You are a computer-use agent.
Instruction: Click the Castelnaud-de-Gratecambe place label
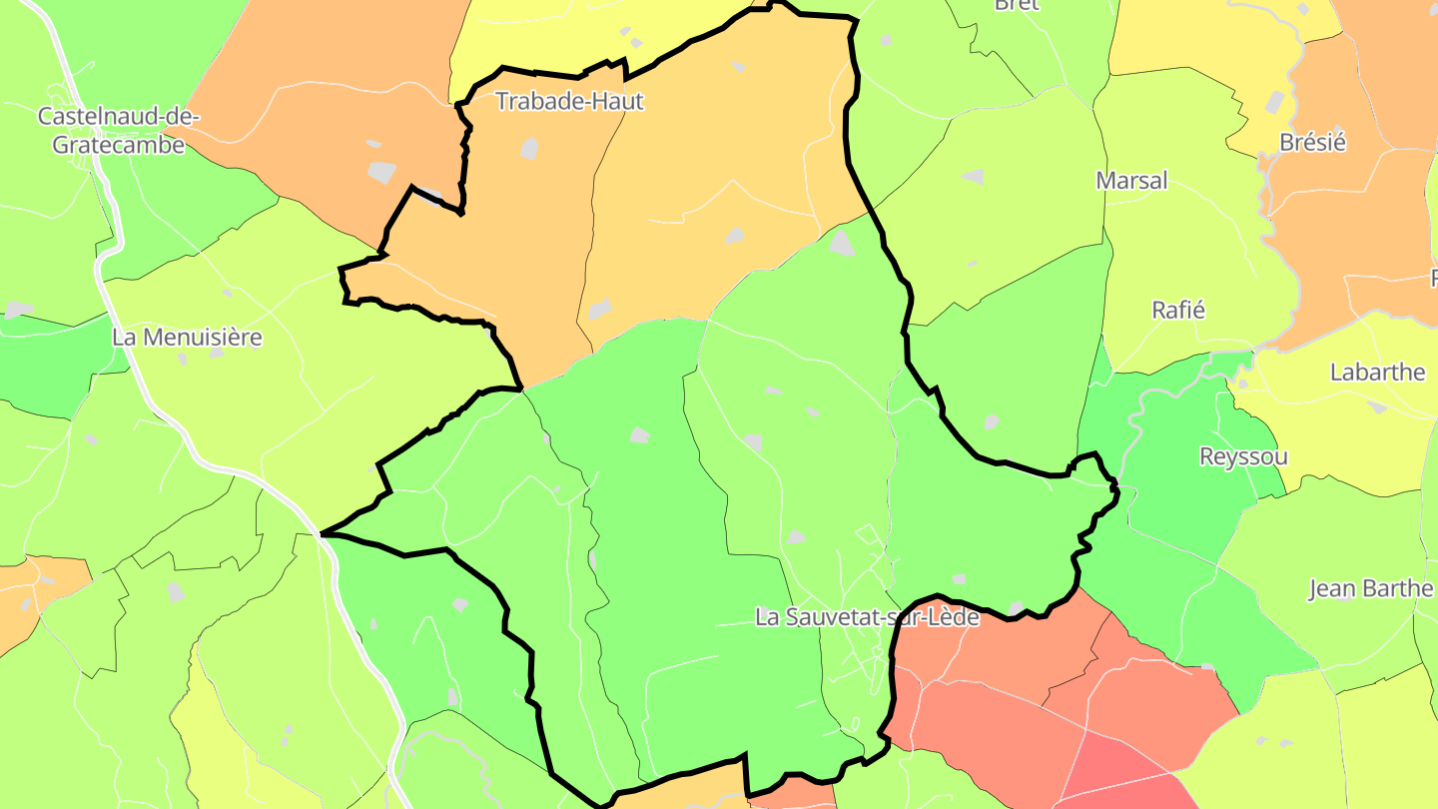pos(118,130)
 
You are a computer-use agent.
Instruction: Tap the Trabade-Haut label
pos(569,101)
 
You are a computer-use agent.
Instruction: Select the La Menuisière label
pos(187,338)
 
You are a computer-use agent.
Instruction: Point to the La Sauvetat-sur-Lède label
pos(867,617)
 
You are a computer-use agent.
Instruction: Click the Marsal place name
pos(1131,181)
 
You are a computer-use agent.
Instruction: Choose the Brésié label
pos(1312,143)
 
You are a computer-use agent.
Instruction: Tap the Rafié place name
pos(1178,311)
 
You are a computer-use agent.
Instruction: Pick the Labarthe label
pos(1377,373)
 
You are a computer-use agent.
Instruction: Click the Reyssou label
pos(1242,457)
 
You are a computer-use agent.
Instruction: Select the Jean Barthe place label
pos(1371,588)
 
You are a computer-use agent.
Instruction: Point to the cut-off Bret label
pos(1017,5)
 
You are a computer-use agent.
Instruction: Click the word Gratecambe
pos(118,145)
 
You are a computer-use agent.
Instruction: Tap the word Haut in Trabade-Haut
pos(619,101)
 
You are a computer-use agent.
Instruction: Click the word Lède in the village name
pos(953,617)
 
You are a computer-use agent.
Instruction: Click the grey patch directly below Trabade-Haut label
pos(529,149)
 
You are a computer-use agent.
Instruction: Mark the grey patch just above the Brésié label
pos(1275,102)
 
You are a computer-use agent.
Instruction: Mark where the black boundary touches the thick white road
pos(321,534)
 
